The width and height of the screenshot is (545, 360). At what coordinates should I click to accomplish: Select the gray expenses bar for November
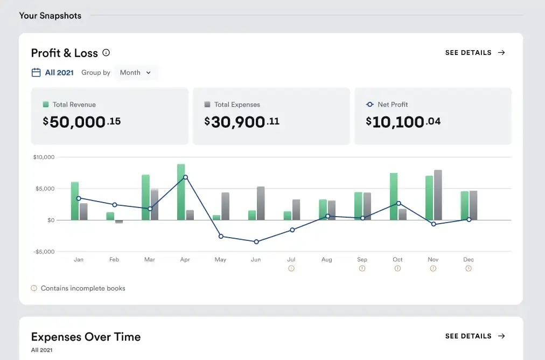click(438, 195)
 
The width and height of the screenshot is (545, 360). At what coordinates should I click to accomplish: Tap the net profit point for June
click(256, 241)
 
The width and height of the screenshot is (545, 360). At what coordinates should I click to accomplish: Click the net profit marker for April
click(185, 177)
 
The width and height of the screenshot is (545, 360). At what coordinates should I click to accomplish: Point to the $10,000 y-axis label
click(44, 157)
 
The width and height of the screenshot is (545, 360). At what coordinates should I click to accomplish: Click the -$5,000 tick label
click(44, 252)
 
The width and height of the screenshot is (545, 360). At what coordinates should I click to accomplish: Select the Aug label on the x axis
click(326, 260)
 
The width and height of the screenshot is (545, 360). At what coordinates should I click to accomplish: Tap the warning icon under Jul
click(291, 268)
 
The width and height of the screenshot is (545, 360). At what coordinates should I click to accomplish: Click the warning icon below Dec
click(469, 268)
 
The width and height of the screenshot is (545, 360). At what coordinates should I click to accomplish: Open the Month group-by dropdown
click(136, 73)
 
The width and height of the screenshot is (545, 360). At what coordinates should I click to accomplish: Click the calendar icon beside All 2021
click(36, 73)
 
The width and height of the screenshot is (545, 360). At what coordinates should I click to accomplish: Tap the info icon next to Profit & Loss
click(106, 53)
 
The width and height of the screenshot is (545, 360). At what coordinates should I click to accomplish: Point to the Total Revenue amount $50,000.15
click(82, 122)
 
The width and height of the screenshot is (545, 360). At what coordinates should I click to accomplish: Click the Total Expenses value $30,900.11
click(242, 122)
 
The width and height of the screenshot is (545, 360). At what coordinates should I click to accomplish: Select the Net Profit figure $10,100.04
click(403, 122)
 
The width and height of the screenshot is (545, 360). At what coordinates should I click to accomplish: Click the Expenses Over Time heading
click(86, 337)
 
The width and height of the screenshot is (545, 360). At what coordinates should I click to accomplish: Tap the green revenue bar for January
click(75, 201)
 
